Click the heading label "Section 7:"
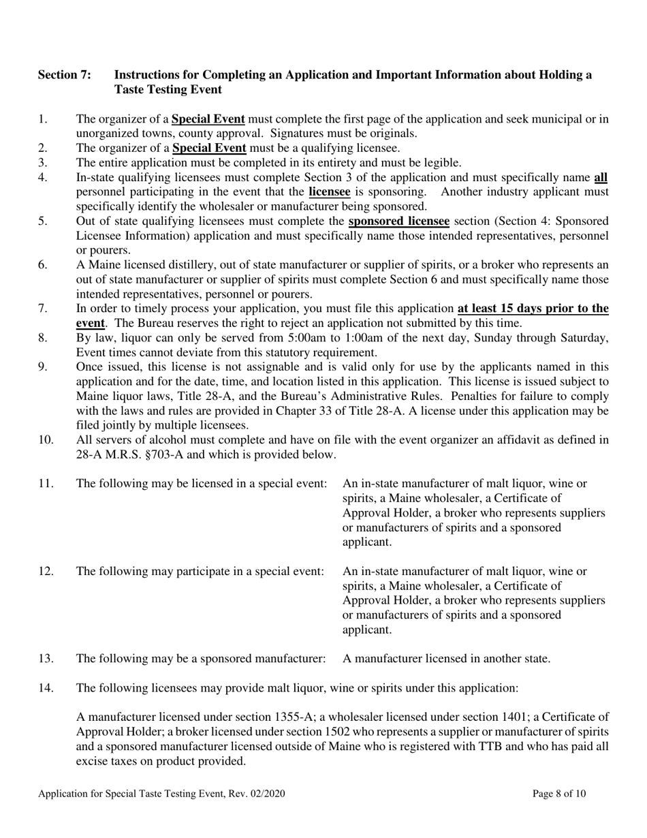[x=64, y=75]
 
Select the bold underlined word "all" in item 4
[x=601, y=178]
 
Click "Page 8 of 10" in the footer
[x=559, y=794]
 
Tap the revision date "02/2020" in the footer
[x=266, y=794]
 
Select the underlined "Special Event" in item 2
[x=209, y=148]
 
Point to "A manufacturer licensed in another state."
[x=446, y=658]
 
